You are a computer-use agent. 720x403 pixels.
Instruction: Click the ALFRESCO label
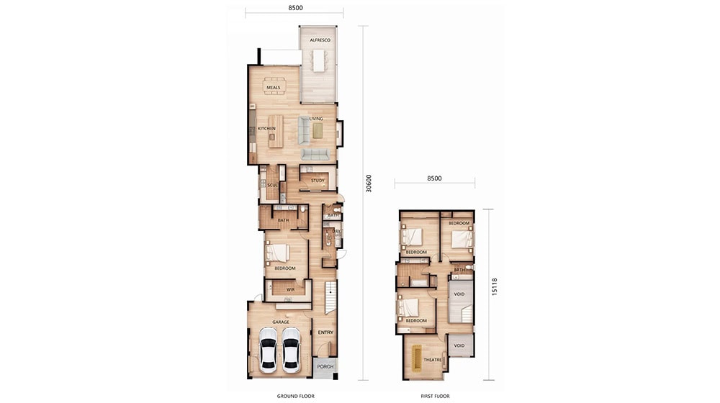(x=320, y=40)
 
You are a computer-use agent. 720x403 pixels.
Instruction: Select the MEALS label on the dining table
(x=273, y=88)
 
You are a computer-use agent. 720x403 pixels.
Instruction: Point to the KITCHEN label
(x=266, y=129)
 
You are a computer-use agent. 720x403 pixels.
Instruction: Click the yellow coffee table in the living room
(x=318, y=130)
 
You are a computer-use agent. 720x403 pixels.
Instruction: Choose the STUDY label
(x=318, y=181)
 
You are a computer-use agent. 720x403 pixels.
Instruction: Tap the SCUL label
(x=272, y=186)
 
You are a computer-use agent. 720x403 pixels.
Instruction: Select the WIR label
(x=290, y=290)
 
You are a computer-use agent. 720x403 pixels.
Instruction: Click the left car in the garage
(x=267, y=348)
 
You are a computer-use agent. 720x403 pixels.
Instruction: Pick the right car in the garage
(x=291, y=348)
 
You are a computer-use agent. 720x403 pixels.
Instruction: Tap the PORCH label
(x=325, y=367)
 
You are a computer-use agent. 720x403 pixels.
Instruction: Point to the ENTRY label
(x=325, y=332)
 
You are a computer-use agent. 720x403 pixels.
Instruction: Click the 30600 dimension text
(x=369, y=184)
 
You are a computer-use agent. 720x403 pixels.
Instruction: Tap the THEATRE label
(x=432, y=360)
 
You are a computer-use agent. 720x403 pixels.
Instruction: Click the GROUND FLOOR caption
(x=293, y=396)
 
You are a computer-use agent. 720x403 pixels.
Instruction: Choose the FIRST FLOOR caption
(x=435, y=396)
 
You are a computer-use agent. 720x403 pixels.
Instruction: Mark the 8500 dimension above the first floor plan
(x=434, y=178)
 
